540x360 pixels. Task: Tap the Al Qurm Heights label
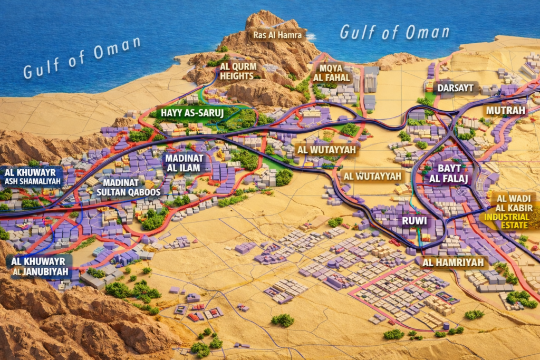click(238, 71)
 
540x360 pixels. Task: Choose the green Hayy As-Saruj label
click(189, 113)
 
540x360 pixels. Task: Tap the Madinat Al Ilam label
click(182, 163)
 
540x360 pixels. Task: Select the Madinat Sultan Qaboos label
click(128, 187)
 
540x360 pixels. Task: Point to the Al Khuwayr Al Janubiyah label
click(40, 266)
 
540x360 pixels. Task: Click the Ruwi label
click(414, 221)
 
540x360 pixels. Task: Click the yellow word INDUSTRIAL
click(507, 217)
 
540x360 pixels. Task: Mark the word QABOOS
click(143, 192)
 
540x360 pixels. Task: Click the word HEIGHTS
click(238, 76)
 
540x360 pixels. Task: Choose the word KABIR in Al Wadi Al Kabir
click(518, 208)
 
